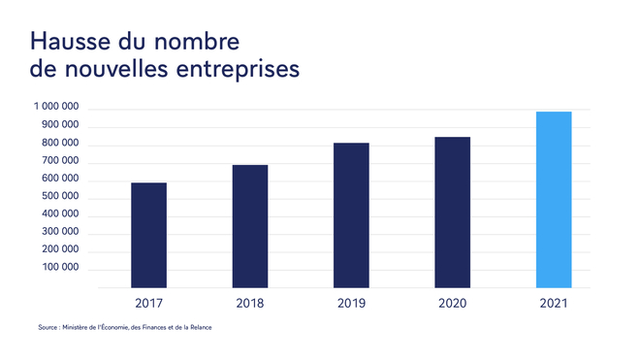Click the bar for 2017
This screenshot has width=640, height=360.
tap(148, 235)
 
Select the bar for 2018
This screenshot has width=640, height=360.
tap(250, 226)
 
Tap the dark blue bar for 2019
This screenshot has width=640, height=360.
tap(351, 215)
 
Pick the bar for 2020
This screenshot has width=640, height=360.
tap(452, 213)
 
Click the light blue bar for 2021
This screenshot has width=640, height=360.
tap(554, 200)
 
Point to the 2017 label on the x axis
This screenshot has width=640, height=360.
tap(148, 304)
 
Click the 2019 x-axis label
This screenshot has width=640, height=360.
tap(351, 304)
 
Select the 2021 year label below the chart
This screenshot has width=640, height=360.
tap(554, 304)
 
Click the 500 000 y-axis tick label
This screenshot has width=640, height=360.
tap(58, 198)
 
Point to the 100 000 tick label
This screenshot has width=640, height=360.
tap(58, 270)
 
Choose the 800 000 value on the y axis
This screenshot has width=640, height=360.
tap(58, 144)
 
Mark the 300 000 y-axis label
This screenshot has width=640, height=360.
tap(58, 234)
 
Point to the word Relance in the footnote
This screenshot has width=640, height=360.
tap(201, 327)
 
